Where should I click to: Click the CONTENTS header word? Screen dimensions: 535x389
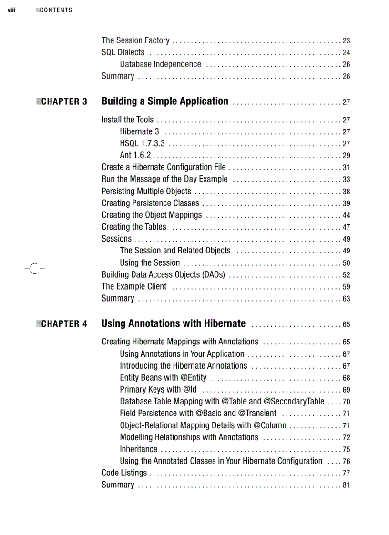56,10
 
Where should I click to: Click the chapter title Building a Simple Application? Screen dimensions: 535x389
165,101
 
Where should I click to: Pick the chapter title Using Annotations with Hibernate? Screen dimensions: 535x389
174,324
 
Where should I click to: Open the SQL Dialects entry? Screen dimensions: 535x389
123,52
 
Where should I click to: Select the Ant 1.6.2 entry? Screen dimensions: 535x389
135,155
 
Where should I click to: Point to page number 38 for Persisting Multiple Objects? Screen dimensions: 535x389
347,192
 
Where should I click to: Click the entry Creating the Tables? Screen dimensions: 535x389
134,227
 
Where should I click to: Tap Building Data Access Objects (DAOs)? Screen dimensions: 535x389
163,274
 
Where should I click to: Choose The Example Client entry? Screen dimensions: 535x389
134,286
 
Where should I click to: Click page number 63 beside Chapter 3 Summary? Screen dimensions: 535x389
347,299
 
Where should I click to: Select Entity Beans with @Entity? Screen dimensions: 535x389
163,378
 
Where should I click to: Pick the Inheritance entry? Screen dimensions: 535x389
138,449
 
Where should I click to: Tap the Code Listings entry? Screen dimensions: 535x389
124,473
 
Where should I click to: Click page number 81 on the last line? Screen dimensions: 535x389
347,485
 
